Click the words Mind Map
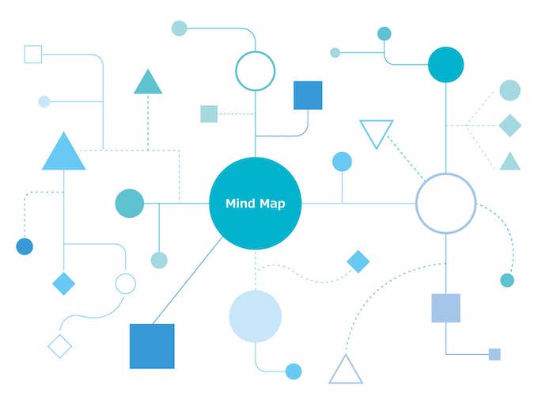pyautogui.click(x=256, y=204)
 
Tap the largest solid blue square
pyautogui.click(x=152, y=346)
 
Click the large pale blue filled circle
pyautogui.click(x=256, y=316)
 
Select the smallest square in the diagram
pyautogui.click(x=494, y=354)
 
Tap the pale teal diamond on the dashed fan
pyautogui.click(x=510, y=125)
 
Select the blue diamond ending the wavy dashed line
pyautogui.click(x=358, y=261)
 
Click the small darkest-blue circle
pyautogui.click(x=25, y=246)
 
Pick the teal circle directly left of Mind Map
pyautogui.click(x=130, y=204)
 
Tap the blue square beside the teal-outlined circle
pyautogui.click(x=308, y=95)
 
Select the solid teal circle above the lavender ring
pyautogui.click(x=445, y=65)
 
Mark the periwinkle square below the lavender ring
pyautogui.click(x=445, y=308)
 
